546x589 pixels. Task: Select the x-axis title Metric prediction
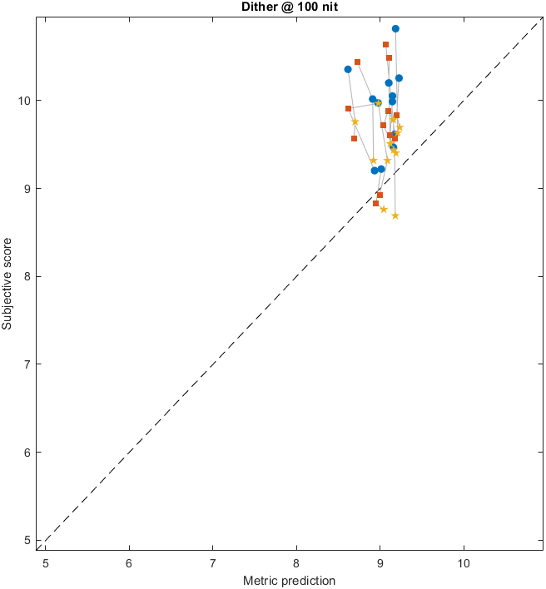click(x=289, y=580)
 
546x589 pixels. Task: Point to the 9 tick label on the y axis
click(x=28, y=189)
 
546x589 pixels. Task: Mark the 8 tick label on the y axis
click(x=28, y=276)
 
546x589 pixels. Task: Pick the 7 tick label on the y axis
click(x=28, y=364)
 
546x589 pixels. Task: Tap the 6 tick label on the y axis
click(x=28, y=453)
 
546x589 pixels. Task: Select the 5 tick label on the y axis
click(x=28, y=540)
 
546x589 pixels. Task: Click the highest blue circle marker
click(x=395, y=28)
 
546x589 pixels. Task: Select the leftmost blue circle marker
click(x=348, y=69)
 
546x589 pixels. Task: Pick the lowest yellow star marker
click(x=395, y=215)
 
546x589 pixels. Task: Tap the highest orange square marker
click(x=385, y=44)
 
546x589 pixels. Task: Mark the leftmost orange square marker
click(x=348, y=108)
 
